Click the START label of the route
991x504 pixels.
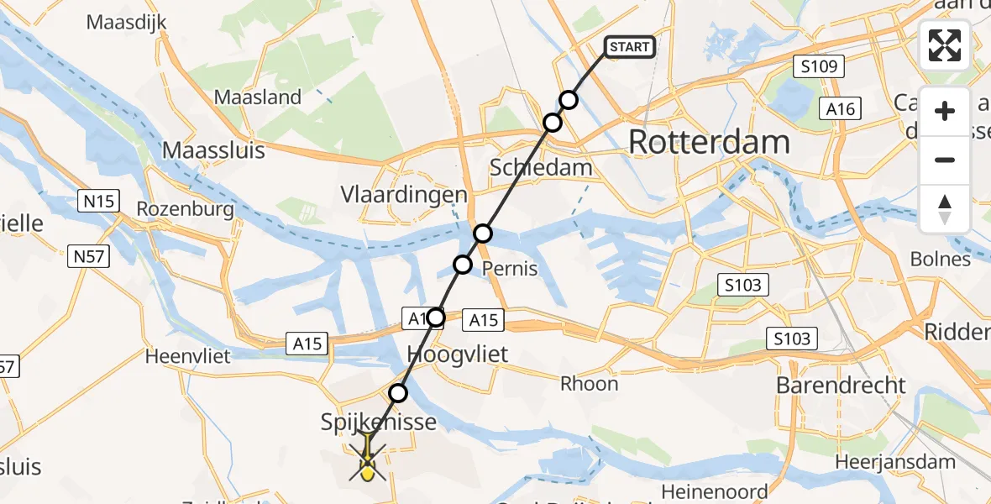click(630, 47)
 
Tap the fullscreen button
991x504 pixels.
click(945, 45)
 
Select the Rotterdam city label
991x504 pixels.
click(709, 142)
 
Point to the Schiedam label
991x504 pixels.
click(541, 167)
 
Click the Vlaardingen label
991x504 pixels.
click(403, 195)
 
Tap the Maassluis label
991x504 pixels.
click(213, 150)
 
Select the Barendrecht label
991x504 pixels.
click(841, 386)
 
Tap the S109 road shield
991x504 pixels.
click(818, 66)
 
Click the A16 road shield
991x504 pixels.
click(840, 108)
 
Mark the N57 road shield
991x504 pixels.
click(88, 256)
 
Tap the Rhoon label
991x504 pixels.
click(590, 384)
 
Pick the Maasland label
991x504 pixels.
click(258, 97)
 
